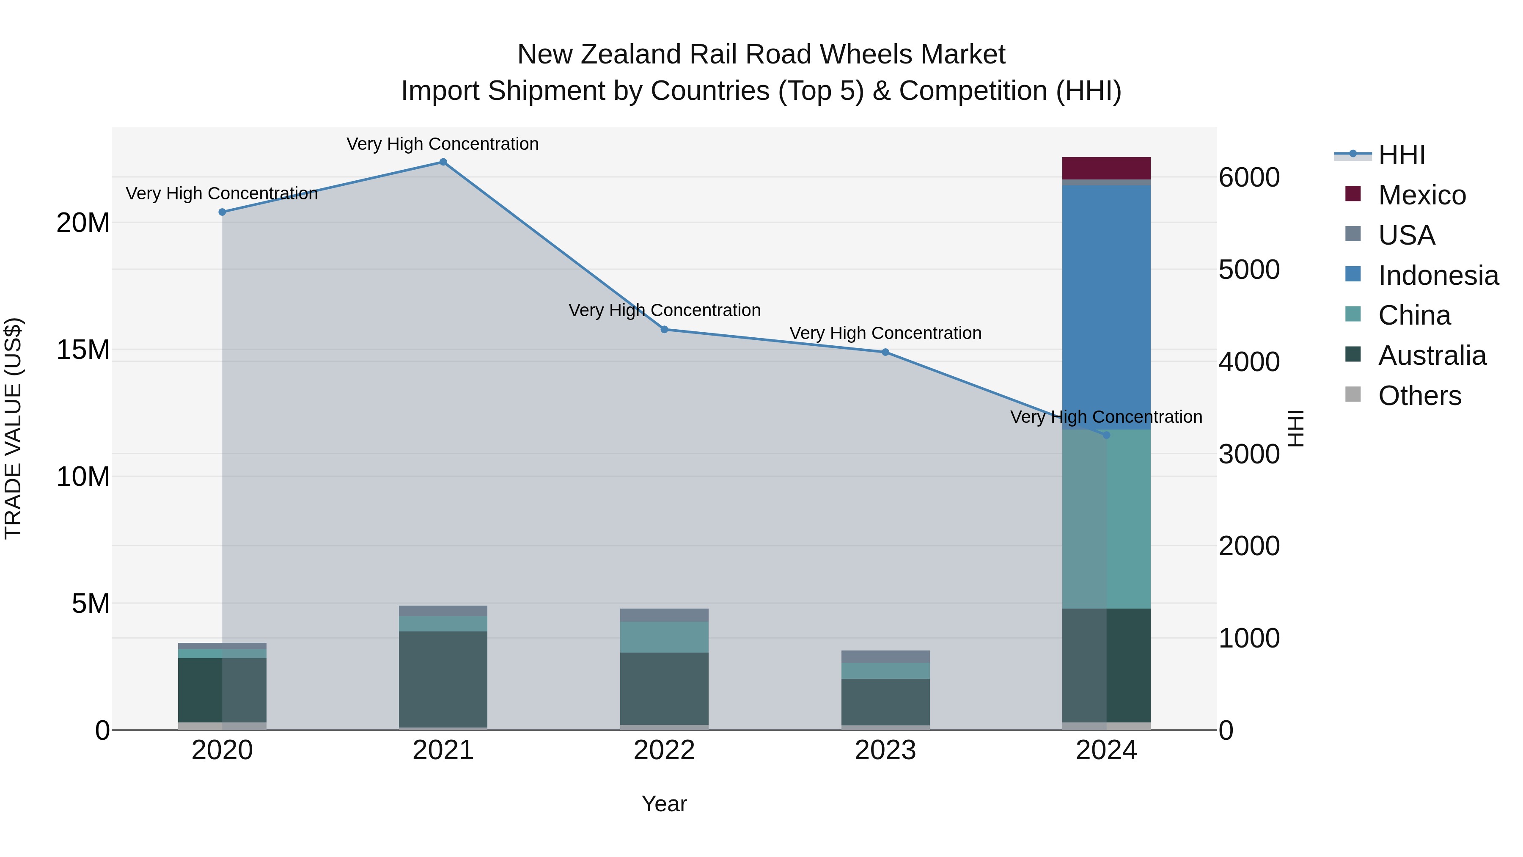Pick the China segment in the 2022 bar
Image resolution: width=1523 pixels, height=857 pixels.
[x=664, y=637]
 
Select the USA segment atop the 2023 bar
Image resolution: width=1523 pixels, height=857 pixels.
[x=885, y=656]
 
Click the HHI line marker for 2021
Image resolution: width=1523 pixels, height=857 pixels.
[x=443, y=162]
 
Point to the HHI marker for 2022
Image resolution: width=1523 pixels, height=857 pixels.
[x=664, y=329]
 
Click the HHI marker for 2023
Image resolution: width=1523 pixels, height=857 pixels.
[x=885, y=353]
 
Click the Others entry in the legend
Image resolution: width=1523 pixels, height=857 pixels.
[x=1419, y=396]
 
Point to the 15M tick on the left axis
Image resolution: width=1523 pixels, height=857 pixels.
[x=83, y=350]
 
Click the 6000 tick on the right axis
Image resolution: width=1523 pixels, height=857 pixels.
[x=1249, y=177]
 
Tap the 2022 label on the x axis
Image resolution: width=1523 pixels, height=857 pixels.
[x=664, y=750]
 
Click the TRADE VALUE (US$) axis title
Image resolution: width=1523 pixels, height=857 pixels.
[x=13, y=428]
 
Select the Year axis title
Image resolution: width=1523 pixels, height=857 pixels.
[x=664, y=804]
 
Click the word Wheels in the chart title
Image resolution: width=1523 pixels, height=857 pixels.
[x=866, y=55]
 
